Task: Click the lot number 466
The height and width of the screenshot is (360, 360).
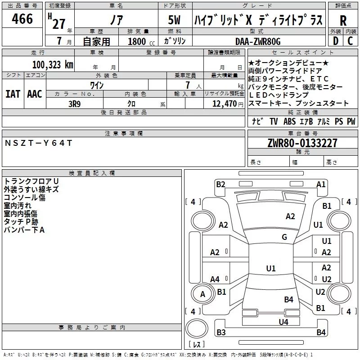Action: point(22,18)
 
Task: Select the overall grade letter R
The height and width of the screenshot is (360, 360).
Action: point(343,21)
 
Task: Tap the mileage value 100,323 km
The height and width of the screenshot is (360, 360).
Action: point(53,65)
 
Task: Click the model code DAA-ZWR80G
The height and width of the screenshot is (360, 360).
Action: point(258,41)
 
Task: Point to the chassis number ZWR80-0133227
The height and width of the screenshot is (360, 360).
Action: point(302,143)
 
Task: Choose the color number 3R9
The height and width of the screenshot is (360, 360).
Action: point(74,104)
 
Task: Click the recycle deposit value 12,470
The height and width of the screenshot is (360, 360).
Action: point(224,104)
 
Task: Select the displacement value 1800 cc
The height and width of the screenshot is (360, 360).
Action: point(141,41)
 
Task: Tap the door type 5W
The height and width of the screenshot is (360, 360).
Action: point(174,20)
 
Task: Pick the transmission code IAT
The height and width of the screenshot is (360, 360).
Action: point(13,94)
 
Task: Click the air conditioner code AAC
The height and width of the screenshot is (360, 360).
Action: point(35,94)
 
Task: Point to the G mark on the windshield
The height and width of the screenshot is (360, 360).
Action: point(284,237)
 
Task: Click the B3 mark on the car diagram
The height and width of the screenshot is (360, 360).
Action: point(221,332)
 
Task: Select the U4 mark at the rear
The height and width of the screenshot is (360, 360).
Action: point(283,322)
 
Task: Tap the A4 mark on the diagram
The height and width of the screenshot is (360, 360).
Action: point(215,279)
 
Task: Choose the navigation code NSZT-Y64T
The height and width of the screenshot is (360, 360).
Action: point(39,143)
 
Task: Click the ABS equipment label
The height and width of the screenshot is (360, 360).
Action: point(289,121)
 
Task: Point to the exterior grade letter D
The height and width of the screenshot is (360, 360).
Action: point(336,41)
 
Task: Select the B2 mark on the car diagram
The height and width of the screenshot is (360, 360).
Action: point(221,184)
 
